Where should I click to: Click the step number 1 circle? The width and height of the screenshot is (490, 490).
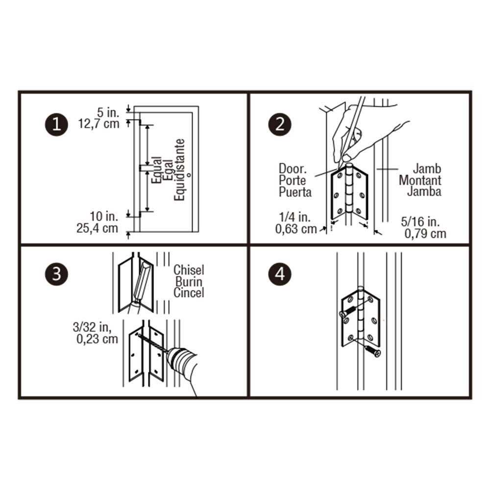56,124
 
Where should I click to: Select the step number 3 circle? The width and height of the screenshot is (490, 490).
56,274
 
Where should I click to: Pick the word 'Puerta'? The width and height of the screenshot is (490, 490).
295,192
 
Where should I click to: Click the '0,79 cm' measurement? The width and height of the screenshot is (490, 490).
425,233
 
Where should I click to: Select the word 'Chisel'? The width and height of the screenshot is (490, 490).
189,270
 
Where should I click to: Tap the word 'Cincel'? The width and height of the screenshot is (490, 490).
189,293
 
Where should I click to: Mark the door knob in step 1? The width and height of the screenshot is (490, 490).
189,174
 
